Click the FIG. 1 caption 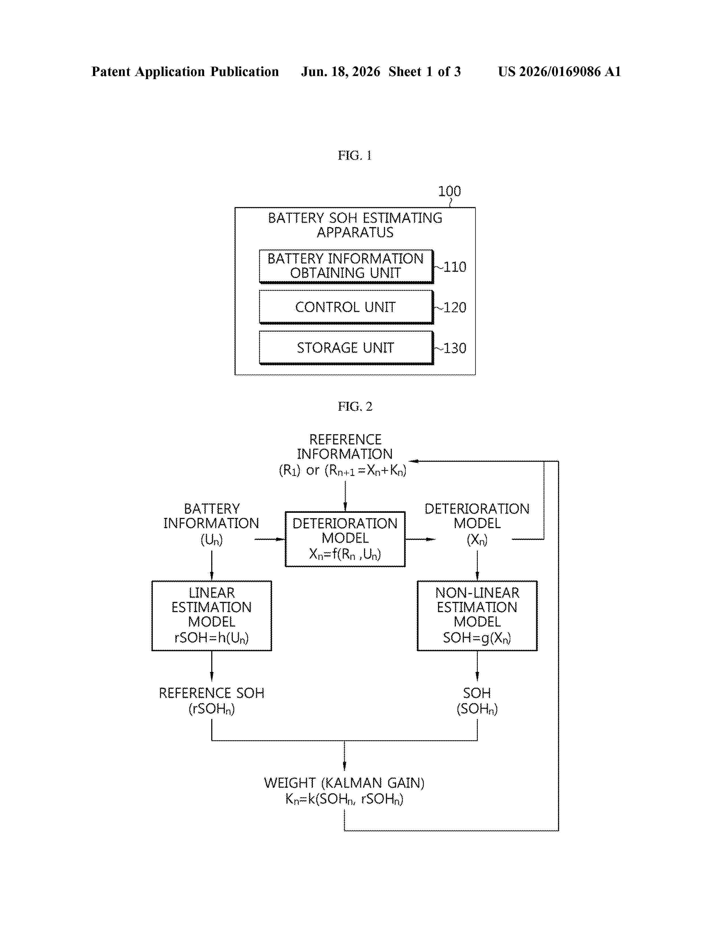coord(355,155)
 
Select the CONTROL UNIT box coord(346,307)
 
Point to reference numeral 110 coord(454,267)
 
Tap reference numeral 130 coord(454,348)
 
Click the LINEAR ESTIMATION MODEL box coord(212,615)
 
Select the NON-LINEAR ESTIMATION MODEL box coord(477,615)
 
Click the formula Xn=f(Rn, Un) coord(345,554)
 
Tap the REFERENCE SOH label coord(212,693)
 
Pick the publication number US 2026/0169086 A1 coord(559,71)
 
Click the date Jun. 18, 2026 coord(341,71)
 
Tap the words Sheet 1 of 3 coord(424,71)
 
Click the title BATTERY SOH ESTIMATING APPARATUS coord(355,225)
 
